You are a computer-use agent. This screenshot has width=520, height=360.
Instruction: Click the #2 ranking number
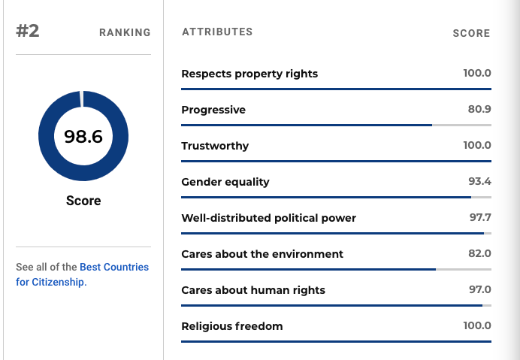(x=28, y=31)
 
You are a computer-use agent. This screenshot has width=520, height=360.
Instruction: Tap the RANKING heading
(x=125, y=32)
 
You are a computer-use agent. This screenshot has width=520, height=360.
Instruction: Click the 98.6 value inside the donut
(x=83, y=137)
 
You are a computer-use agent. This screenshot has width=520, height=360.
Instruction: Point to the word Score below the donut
(x=83, y=201)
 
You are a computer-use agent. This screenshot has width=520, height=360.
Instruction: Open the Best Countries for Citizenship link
(x=82, y=274)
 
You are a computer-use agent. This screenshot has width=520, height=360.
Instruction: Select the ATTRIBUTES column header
(x=217, y=32)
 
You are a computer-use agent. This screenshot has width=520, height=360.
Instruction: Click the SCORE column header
(x=471, y=33)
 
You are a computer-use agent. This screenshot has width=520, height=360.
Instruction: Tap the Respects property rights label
(x=249, y=74)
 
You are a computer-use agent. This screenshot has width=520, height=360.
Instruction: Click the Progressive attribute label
(x=213, y=110)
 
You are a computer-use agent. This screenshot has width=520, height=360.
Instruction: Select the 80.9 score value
(x=479, y=109)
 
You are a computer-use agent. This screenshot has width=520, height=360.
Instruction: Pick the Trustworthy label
(x=215, y=146)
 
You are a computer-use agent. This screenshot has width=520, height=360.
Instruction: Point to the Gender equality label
(x=225, y=182)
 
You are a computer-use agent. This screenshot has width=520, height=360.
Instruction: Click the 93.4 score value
(x=479, y=181)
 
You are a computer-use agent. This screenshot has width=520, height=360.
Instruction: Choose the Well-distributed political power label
(x=268, y=218)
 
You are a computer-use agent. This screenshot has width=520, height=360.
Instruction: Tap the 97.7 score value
(x=480, y=217)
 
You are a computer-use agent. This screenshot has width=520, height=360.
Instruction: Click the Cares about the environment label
(x=262, y=254)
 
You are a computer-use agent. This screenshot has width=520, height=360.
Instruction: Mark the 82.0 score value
(x=479, y=253)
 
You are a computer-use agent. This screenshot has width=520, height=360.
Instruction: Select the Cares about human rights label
(x=253, y=290)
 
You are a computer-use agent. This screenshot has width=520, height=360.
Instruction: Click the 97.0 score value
(x=480, y=289)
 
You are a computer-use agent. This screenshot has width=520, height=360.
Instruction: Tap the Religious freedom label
(x=231, y=326)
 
